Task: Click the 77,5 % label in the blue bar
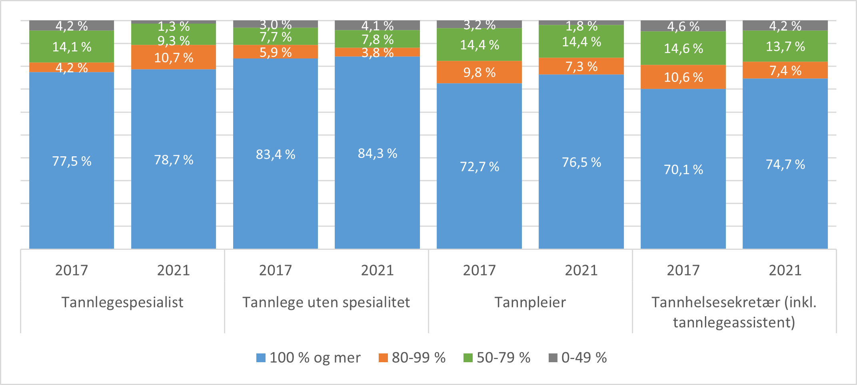(x=72, y=161)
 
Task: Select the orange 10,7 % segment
(x=174, y=58)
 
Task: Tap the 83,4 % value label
(x=276, y=154)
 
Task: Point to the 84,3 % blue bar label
(x=377, y=154)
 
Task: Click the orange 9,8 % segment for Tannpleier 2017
(x=479, y=72)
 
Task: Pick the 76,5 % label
(x=581, y=162)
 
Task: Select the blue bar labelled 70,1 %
(x=683, y=170)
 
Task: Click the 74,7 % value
(x=785, y=164)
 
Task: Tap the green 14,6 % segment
(x=683, y=48)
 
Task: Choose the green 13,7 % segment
(x=785, y=46)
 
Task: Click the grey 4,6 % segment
(x=683, y=26)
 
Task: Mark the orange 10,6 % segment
(x=683, y=77)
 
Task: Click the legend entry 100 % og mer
(x=309, y=357)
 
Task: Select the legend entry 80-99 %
(x=412, y=357)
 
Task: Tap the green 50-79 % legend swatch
(x=467, y=358)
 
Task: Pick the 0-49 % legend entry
(x=578, y=357)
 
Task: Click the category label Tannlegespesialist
(x=122, y=302)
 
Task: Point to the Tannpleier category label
(x=530, y=302)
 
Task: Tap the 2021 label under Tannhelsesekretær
(x=785, y=270)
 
